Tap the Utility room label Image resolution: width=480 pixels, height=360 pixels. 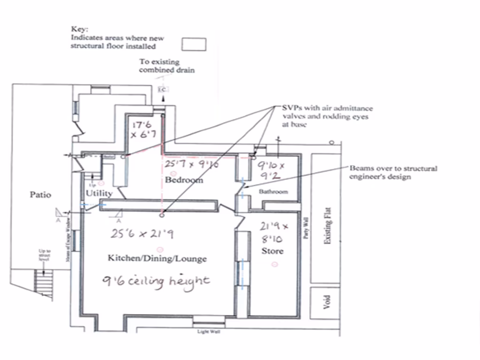[x=99, y=193]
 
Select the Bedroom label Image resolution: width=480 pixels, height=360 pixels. [x=184, y=180]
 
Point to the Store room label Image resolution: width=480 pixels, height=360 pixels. [x=272, y=251]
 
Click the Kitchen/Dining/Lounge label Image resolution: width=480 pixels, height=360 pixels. [x=157, y=258]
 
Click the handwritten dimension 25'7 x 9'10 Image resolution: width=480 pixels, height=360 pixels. [x=189, y=164]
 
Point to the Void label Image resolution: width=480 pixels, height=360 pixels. [x=327, y=300]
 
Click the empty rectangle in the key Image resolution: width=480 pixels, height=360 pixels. [x=194, y=44]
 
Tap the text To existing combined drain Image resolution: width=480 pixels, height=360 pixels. [x=166, y=66]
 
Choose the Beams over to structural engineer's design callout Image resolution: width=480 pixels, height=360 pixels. [x=393, y=172]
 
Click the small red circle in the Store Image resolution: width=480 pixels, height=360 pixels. [x=275, y=264]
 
